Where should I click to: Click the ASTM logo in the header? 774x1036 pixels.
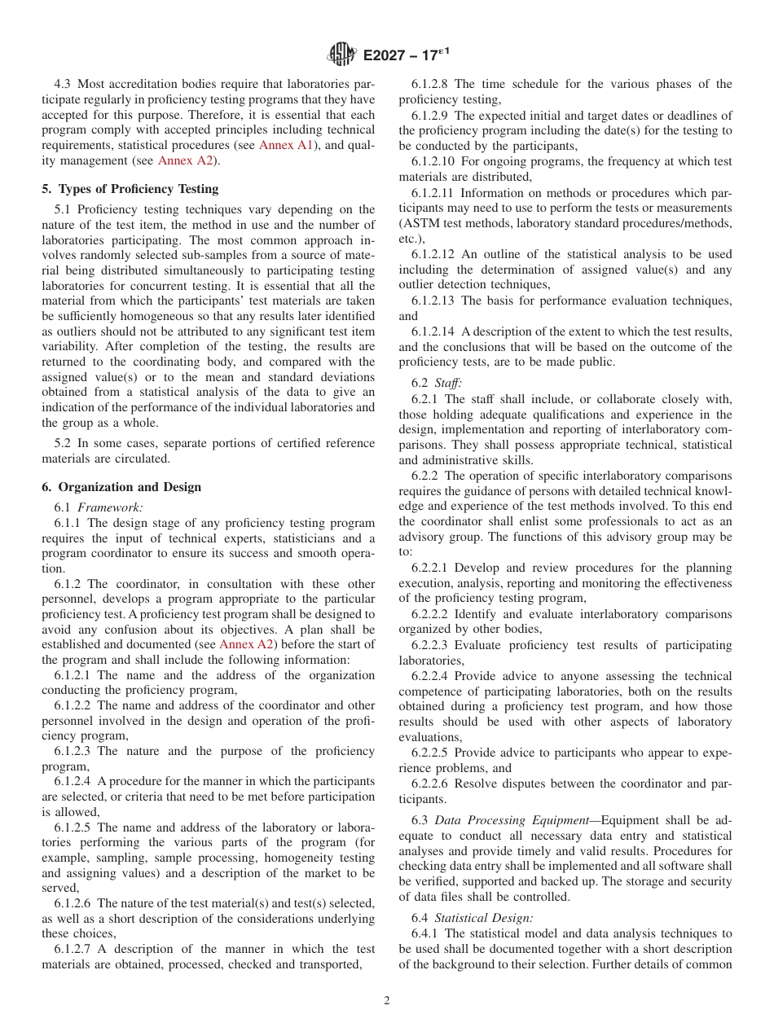342,55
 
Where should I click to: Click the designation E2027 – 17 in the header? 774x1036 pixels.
406,55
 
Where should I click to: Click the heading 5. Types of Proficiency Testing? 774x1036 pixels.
130,189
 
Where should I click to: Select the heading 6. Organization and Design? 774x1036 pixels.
121,487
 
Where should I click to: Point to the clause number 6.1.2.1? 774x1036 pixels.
73,675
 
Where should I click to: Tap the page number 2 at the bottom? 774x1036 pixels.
387,1001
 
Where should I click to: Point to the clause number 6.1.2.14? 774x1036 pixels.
434,331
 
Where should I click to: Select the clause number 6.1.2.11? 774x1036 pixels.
434,193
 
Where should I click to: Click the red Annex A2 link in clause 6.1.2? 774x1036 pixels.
247,645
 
